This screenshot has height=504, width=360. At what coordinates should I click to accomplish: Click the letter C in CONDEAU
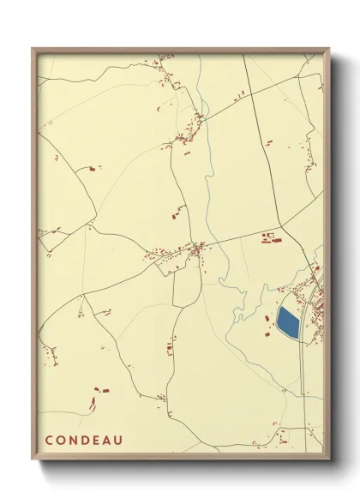[x=49, y=441]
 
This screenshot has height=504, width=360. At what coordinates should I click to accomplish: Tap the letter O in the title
[x=61, y=441]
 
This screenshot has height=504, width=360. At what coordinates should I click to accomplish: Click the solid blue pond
[x=288, y=323]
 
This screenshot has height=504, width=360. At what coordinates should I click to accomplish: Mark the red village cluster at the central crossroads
[x=196, y=249]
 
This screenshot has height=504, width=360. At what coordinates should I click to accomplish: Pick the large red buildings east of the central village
[x=269, y=237]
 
